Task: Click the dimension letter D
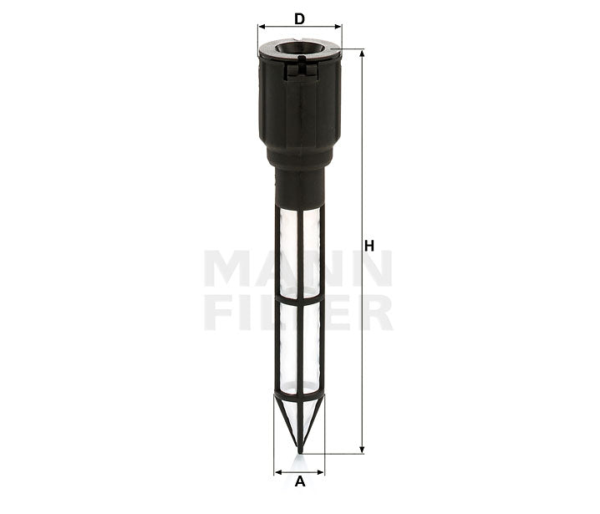point(299,17)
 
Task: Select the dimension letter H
point(369,245)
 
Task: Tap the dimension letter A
point(299,481)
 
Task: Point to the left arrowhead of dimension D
point(262,27)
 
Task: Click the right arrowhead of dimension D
point(338,27)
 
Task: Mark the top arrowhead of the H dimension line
point(362,54)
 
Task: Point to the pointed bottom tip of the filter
point(299,451)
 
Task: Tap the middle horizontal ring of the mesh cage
point(299,296)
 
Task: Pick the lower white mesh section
point(299,344)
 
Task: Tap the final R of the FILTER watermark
point(374,312)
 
